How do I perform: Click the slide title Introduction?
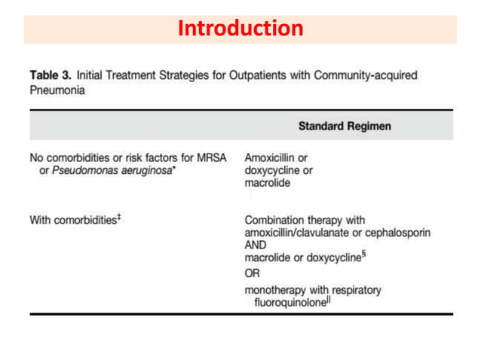click(x=240, y=29)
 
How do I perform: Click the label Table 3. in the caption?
click(x=50, y=76)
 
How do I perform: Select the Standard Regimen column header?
click(x=345, y=127)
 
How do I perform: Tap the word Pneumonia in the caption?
click(x=57, y=90)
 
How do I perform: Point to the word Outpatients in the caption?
click(x=265, y=76)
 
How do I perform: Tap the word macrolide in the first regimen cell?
click(x=268, y=182)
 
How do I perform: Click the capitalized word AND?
click(x=256, y=245)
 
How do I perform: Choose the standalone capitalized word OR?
click(x=252, y=273)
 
